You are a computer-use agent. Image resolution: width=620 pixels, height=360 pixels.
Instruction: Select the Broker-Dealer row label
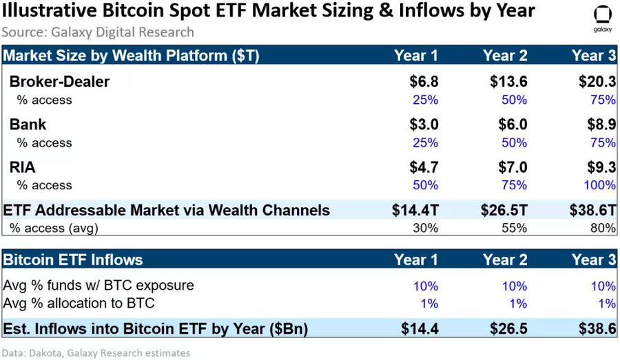click(x=59, y=82)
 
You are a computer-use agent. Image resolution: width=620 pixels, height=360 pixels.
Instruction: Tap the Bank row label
click(x=28, y=125)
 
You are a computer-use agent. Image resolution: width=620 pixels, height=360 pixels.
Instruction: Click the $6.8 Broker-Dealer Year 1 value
click(x=423, y=82)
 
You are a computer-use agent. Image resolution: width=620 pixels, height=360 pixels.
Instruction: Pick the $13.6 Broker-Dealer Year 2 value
click(x=508, y=82)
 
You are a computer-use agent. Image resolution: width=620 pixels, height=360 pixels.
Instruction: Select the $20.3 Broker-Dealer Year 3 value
click(x=597, y=82)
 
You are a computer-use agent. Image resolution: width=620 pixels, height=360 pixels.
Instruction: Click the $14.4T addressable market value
click(x=415, y=211)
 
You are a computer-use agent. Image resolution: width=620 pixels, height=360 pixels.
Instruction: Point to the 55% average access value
click(x=515, y=228)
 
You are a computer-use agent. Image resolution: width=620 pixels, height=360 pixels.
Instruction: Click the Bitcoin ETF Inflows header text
click(x=73, y=260)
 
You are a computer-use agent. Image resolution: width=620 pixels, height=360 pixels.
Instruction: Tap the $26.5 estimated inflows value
click(x=508, y=329)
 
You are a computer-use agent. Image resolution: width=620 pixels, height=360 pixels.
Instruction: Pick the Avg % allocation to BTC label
click(x=79, y=304)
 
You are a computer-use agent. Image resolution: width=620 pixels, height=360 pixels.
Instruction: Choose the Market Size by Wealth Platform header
click(x=132, y=56)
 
